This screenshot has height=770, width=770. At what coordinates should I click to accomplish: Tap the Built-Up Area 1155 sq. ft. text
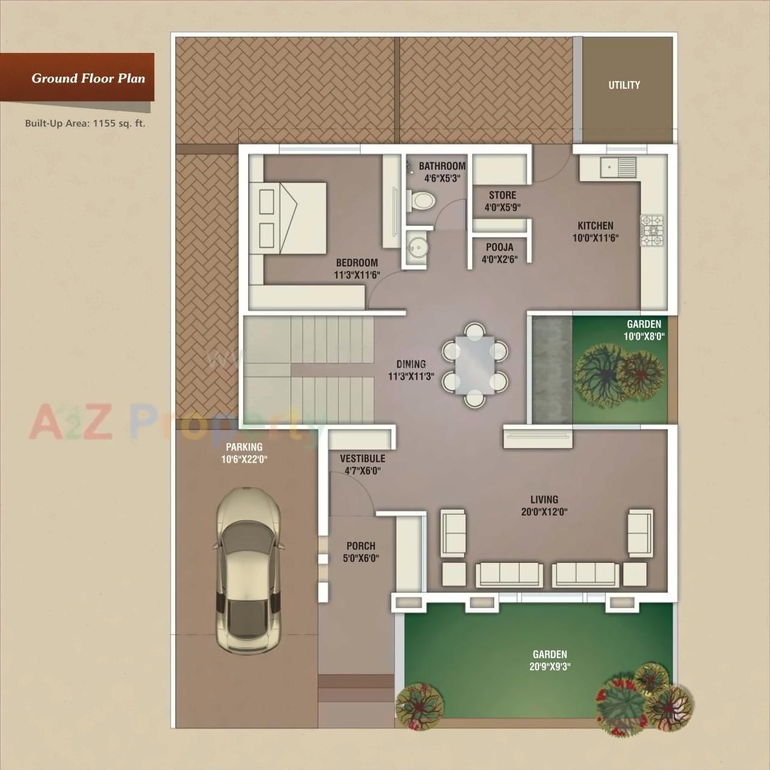click(85, 123)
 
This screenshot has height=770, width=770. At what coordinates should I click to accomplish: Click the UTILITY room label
click(624, 85)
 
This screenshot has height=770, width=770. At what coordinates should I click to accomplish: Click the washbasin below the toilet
click(416, 247)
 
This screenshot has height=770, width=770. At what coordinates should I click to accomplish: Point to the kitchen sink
click(618, 167)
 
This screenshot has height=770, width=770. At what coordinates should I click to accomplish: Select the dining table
click(475, 365)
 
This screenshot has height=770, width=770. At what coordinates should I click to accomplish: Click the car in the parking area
click(248, 570)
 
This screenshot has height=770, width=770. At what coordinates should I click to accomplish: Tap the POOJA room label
click(499, 247)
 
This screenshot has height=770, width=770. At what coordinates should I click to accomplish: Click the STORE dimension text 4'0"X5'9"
click(502, 208)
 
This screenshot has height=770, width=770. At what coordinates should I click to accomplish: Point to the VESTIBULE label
click(362, 458)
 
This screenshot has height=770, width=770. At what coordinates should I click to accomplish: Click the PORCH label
click(361, 546)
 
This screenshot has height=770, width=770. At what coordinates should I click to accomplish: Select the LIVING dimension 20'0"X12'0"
click(544, 512)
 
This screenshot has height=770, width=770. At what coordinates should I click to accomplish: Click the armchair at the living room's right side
click(640, 532)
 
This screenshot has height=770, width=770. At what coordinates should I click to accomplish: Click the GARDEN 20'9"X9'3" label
click(549, 654)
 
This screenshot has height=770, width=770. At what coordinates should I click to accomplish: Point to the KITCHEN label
click(595, 226)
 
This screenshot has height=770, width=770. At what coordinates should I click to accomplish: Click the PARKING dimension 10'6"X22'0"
click(244, 460)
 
